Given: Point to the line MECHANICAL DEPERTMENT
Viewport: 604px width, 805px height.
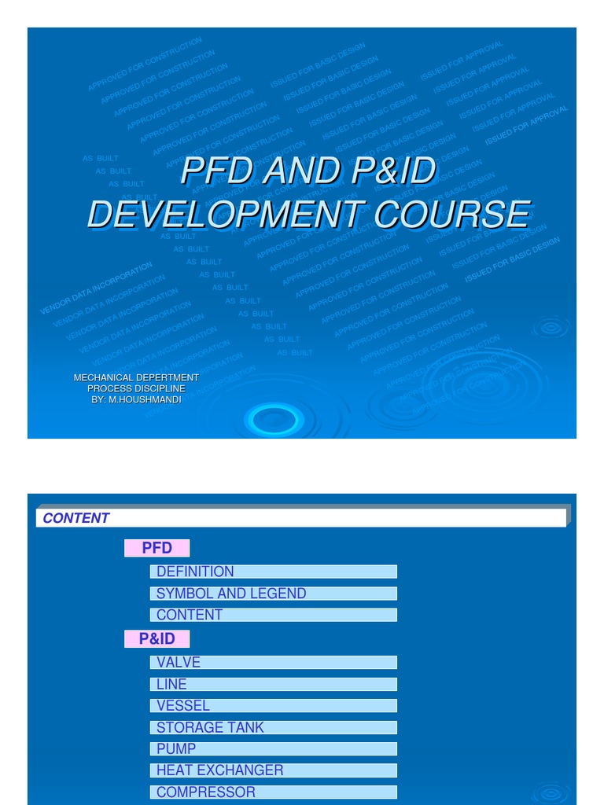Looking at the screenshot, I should pyautogui.click(x=136, y=377).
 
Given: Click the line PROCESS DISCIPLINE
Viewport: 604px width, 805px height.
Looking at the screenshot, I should pyautogui.click(x=136, y=388).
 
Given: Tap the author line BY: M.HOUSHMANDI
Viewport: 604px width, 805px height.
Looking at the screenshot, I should pyautogui.click(x=136, y=399).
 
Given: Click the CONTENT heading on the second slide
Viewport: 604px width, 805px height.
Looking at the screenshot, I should pyautogui.click(x=75, y=518).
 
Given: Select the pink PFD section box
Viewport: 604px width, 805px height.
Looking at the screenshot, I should pyautogui.click(x=157, y=548).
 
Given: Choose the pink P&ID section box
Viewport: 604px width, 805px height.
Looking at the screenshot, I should pyautogui.click(x=157, y=639).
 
